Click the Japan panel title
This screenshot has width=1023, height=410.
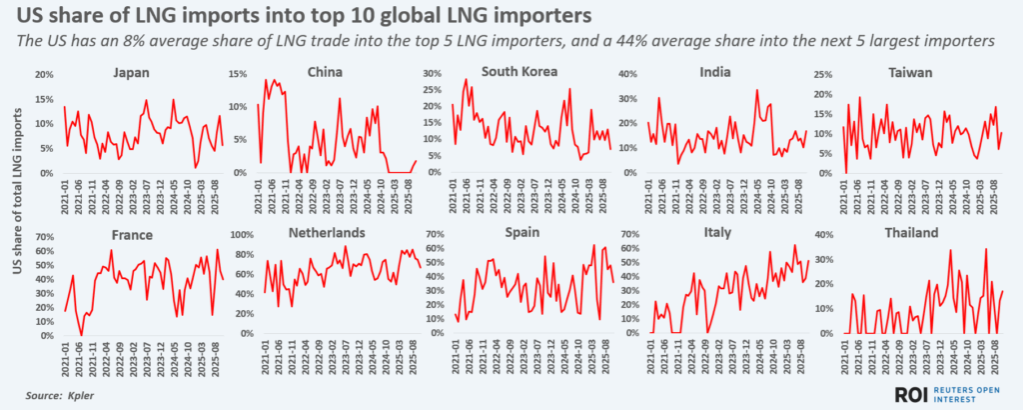(x=132, y=72)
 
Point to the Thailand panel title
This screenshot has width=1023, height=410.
(x=910, y=232)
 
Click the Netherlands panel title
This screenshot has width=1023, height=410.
(x=325, y=232)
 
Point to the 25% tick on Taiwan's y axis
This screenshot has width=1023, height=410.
(x=828, y=75)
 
